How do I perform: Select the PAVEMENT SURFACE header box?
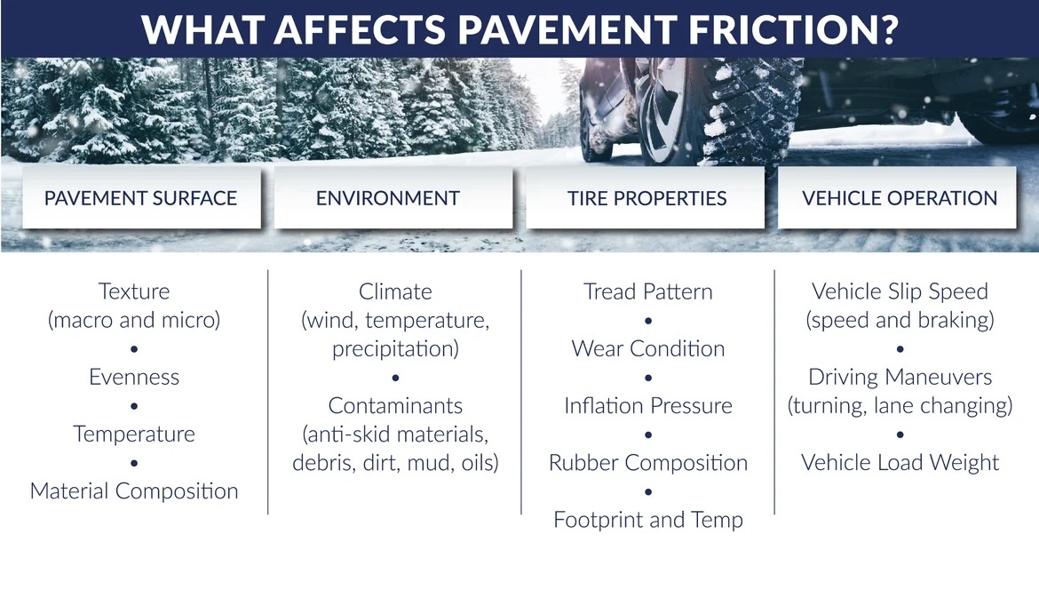141,197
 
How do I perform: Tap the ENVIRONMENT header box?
393,197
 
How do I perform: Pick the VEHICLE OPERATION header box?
897,197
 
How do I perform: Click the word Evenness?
134,377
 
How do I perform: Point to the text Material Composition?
134,491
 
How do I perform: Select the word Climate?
395,291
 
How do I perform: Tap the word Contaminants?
395,405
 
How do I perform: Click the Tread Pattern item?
648,291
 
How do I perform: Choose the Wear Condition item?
648,348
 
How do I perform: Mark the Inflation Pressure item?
648,405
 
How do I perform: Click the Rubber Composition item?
648,463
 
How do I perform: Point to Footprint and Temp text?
648,520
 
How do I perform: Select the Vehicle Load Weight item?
900,463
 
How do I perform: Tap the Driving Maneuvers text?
900,377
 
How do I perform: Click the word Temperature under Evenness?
134,435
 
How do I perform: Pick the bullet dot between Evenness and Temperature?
134,406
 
